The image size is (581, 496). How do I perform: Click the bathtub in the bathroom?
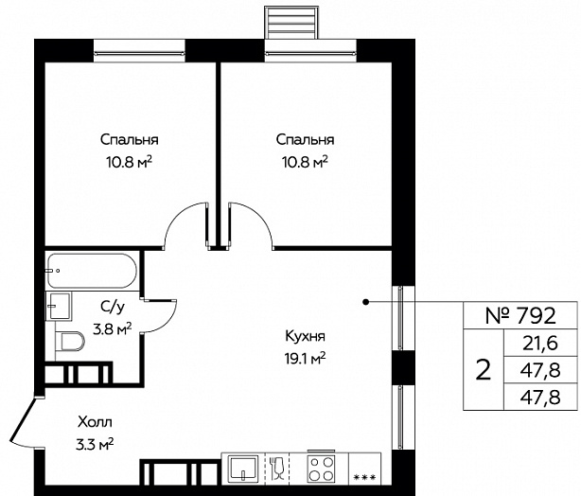(93, 271)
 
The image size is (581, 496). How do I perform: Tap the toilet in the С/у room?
(70, 341)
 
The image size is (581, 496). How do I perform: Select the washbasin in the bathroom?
(58, 306)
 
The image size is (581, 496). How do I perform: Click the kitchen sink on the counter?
(243, 469)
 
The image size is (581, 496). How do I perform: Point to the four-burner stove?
(322, 469)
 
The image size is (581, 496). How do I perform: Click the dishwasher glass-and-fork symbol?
(277, 469)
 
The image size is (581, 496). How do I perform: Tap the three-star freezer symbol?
(365, 477)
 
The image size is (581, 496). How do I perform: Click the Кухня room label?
(306, 336)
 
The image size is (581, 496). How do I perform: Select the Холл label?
(95, 422)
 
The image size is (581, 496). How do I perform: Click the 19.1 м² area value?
(306, 359)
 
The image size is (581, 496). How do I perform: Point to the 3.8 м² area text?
(113, 328)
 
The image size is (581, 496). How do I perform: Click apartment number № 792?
(521, 315)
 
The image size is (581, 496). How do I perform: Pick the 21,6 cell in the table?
(540, 344)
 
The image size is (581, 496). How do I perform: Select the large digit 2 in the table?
(484, 369)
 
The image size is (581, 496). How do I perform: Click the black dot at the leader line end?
(365, 302)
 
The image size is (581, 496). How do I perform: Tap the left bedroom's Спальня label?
(130, 140)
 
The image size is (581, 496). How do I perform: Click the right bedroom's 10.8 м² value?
(306, 162)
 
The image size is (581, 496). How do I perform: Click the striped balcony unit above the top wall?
(291, 23)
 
